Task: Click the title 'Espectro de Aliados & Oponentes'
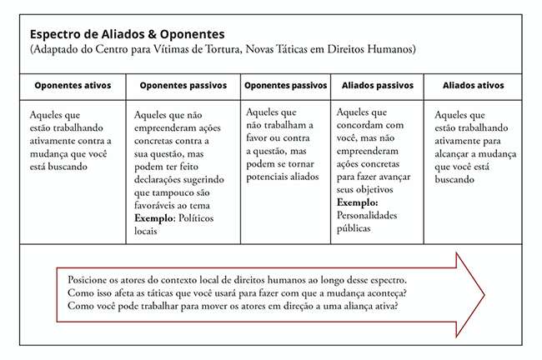[127, 35]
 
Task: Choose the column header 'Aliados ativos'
[474, 86]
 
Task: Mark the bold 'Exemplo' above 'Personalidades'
[358, 202]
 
